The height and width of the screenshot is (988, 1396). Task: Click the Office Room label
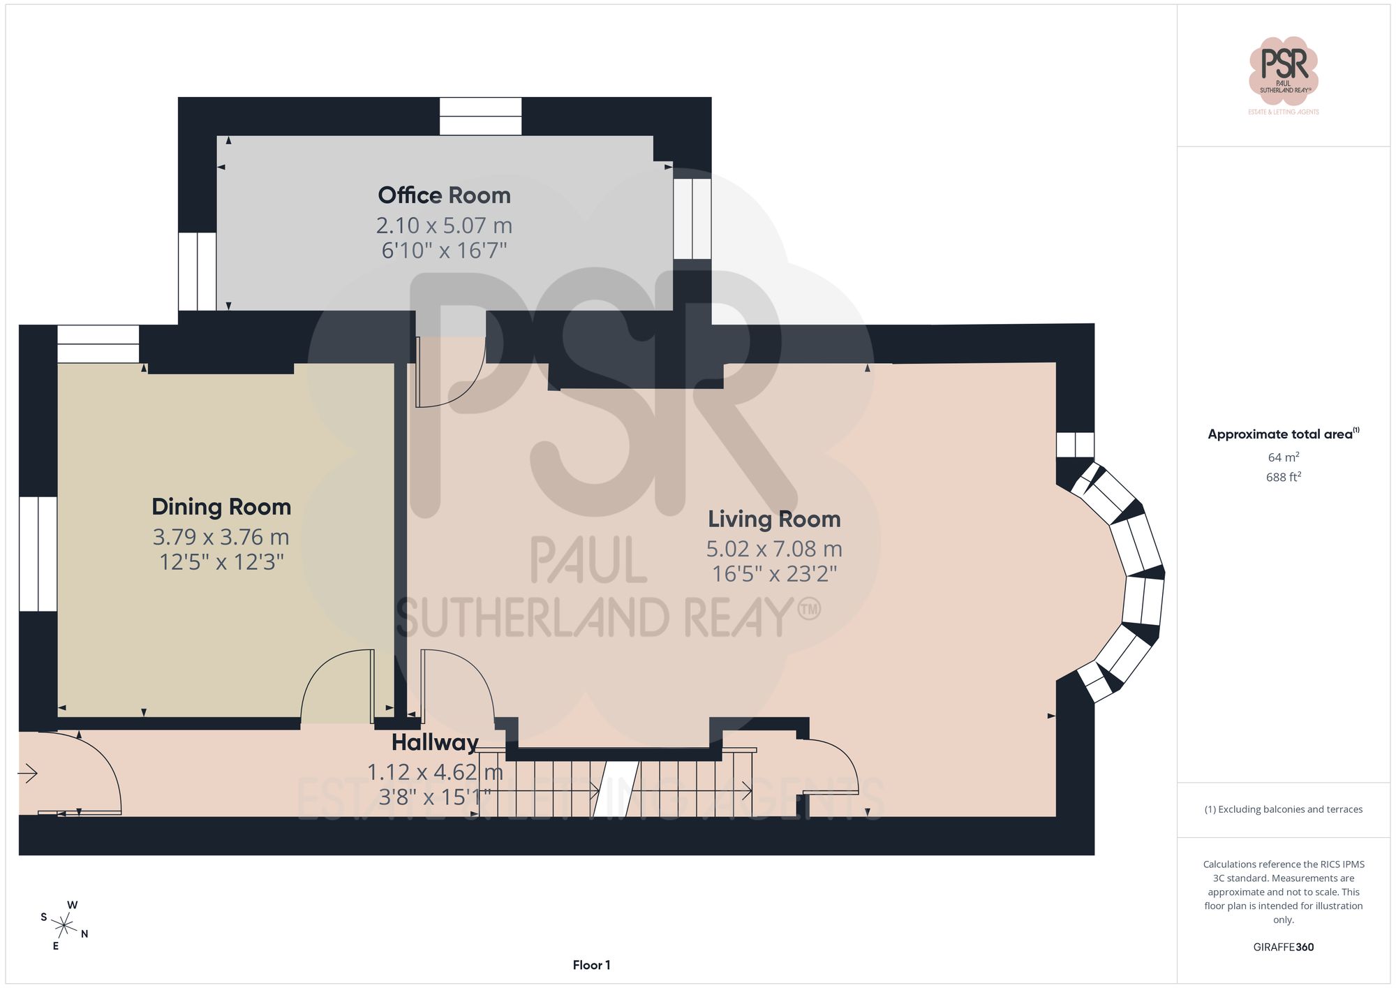tap(444, 196)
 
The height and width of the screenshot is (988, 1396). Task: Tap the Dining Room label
tap(221, 507)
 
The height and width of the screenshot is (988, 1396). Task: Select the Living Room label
tap(774, 519)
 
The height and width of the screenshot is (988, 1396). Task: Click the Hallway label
tap(435, 743)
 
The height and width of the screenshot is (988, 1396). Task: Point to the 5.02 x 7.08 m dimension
tap(774, 550)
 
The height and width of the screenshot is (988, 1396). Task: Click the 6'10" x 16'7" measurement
tap(444, 250)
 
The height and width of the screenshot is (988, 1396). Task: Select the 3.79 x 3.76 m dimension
tap(221, 538)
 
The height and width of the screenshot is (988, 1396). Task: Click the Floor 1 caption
tap(591, 965)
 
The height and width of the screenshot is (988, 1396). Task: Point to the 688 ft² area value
tap(1283, 477)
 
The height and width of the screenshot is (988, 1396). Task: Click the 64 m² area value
tap(1283, 457)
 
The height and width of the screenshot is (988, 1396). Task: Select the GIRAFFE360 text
tap(1283, 948)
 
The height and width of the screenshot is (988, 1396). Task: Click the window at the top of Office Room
tap(480, 116)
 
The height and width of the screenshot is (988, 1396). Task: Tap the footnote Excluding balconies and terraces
tap(1283, 810)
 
